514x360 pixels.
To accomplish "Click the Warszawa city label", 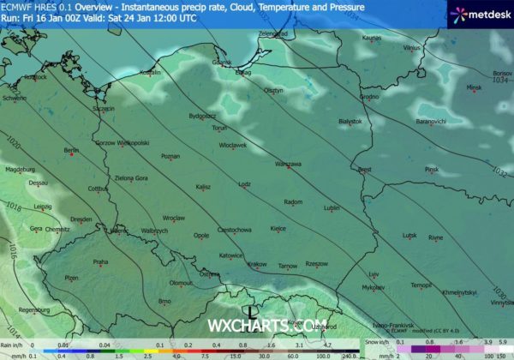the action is pos(288,163).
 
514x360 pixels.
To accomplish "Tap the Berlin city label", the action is pos(71,150).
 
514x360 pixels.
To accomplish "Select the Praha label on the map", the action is pos(101,261).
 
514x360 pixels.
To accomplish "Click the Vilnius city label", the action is pos(413,48).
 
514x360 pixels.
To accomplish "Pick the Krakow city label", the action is pos(257,266).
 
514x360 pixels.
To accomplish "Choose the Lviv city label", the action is pos(373,274).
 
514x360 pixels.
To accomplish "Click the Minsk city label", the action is pos(475,87).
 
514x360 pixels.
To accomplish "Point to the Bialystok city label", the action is pos(350,122).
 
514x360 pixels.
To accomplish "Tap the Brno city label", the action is pos(165,302).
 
